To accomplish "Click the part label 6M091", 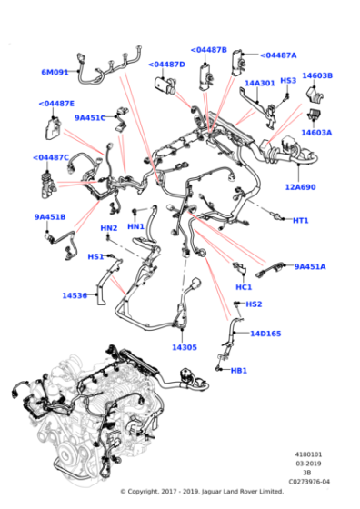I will coord(55,72).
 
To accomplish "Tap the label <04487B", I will coord(209,50).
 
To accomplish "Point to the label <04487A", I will coord(278,55).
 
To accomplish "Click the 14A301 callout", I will coord(260,83).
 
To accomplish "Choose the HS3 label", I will coord(288,81).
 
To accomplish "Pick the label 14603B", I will coord(317,76).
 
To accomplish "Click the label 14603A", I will coord(316,133).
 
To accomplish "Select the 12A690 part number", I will coord(300,187).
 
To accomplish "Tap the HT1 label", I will coord(300,221).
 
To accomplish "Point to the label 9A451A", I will coord(309,266).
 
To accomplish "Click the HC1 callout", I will coord(244,287).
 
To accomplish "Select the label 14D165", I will coord(265,334).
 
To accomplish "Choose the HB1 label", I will coord(238,371).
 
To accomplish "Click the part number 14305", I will coord(185,347).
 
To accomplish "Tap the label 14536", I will coord(75,295).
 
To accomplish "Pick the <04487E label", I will coord(57,104).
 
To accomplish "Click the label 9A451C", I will coord(90,117).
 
